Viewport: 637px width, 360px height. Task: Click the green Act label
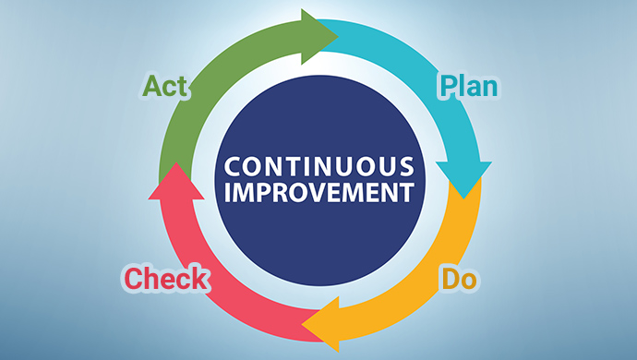click(x=164, y=86)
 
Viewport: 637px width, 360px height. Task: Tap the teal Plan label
click(x=469, y=86)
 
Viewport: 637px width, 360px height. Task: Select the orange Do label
click(x=460, y=279)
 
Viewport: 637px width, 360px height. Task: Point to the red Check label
click(x=166, y=279)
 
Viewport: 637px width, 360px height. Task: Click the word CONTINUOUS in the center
click(x=319, y=166)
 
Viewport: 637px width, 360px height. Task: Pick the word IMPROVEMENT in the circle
click(x=319, y=192)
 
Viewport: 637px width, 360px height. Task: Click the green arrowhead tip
click(x=338, y=37)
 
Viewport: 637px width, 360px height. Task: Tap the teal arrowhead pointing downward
click(x=463, y=180)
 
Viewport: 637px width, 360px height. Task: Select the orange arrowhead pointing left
click(x=320, y=324)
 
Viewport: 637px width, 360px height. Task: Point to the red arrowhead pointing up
click(x=176, y=181)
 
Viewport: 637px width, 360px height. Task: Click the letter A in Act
click(x=151, y=86)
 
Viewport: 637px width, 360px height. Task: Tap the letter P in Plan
click(x=449, y=86)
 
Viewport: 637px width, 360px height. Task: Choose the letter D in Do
click(x=451, y=279)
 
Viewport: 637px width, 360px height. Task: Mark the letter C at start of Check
click(x=133, y=279)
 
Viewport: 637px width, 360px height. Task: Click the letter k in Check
click(x=200, y=279)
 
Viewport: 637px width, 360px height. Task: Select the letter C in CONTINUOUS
click(x=233, y=166)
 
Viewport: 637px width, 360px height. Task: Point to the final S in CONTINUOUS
click(x=407, y=166)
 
